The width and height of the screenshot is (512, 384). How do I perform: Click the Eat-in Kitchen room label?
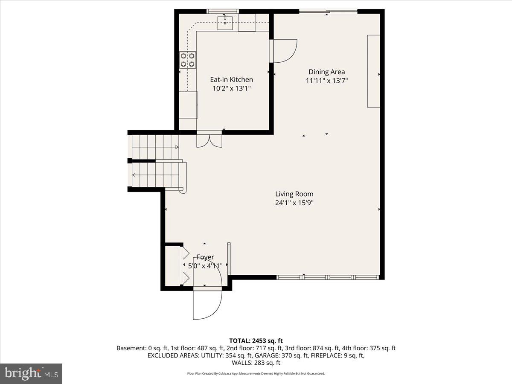231,79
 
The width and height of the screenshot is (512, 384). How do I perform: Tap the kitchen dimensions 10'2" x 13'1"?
231,88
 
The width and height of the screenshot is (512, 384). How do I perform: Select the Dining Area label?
327,72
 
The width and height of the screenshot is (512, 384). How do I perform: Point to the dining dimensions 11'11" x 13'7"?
327,81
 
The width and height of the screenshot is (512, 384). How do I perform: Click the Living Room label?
294,194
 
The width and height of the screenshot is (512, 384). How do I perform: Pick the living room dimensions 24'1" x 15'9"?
294,203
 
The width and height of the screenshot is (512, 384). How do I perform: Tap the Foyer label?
205,257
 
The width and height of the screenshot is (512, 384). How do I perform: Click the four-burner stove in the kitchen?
188,59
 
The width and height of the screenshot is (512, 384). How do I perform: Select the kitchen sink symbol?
225,22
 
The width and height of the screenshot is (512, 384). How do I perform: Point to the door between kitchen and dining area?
284,51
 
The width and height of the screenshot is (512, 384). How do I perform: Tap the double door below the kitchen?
209,140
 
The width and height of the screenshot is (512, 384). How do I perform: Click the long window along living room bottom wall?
328,277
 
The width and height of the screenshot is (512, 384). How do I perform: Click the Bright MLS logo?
31,374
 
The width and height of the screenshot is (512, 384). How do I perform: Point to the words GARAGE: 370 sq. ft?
305,355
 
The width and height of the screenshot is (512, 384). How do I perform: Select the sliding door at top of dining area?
328,12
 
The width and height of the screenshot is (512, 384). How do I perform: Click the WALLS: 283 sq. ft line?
256,363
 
